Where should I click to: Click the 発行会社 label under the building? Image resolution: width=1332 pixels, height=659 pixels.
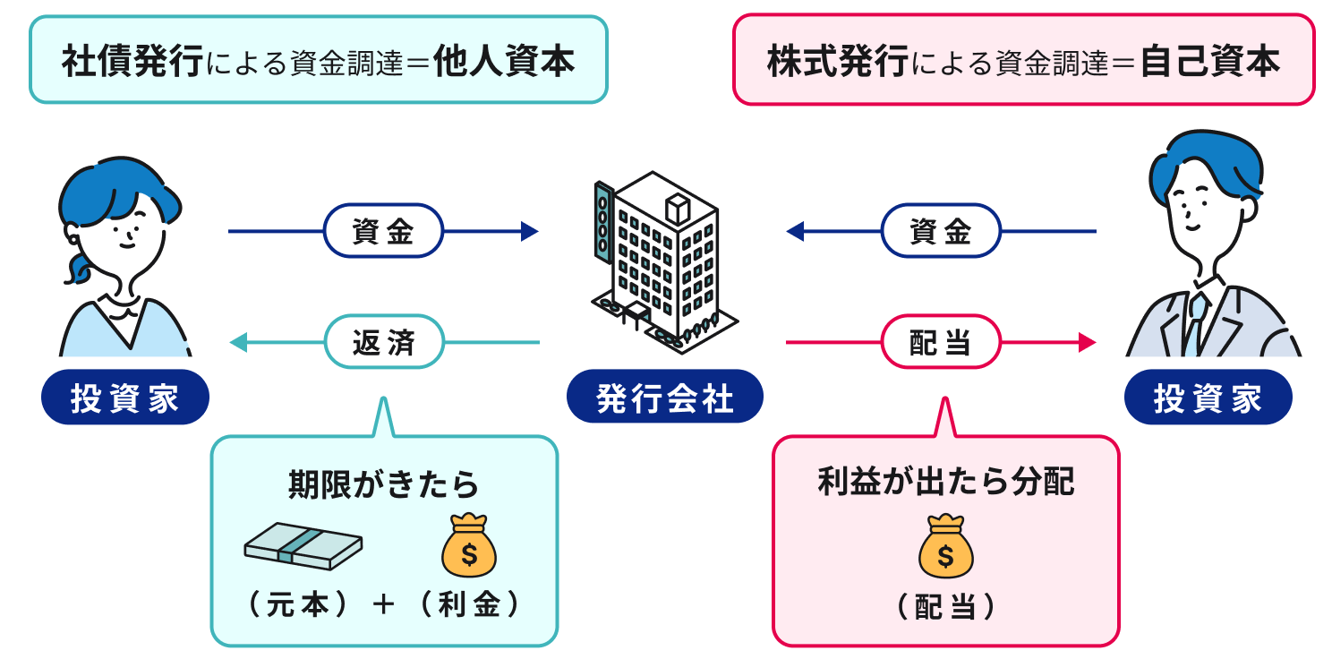(665, 398)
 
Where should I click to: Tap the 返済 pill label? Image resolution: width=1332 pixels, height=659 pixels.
(385, 342)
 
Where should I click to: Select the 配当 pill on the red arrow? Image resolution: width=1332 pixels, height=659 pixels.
(941, 342)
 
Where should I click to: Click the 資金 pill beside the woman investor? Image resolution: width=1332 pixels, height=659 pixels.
(383, 232)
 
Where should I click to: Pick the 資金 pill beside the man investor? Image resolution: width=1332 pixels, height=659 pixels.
(941, 232)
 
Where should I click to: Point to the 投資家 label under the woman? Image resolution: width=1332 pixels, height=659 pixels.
(125, 398)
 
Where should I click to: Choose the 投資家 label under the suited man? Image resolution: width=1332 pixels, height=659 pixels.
(1208, 398)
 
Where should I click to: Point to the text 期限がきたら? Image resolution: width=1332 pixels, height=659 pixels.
(383, 484)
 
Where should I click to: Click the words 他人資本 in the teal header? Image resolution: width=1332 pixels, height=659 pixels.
(503, 62)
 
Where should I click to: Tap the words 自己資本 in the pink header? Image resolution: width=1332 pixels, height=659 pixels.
(1210, 62)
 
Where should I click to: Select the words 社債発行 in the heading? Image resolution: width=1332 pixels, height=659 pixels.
(132, 62)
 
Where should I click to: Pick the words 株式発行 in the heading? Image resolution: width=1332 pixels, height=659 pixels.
(837, 62)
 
